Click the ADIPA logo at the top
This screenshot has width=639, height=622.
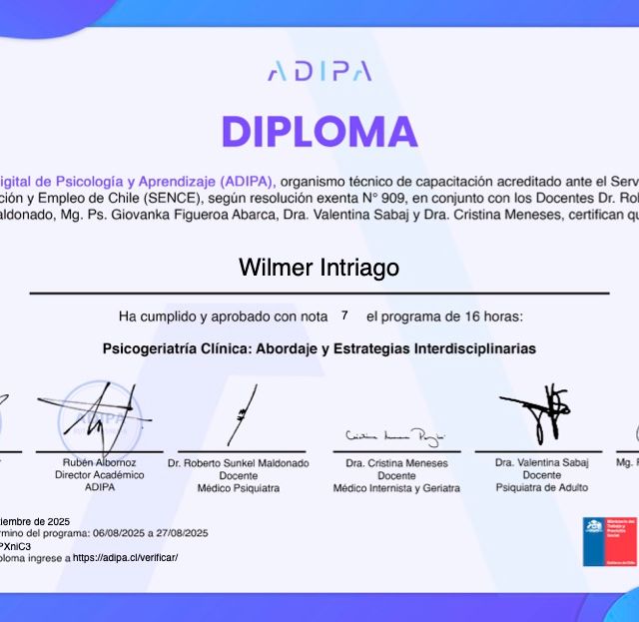pos(319,71)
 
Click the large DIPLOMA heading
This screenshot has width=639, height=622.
pos(319,132)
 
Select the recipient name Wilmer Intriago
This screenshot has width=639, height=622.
pos(319,268)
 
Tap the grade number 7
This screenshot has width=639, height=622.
pos(344,315)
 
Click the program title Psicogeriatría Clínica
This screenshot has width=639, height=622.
pos(319,349)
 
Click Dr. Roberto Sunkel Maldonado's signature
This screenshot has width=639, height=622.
pos(240,415)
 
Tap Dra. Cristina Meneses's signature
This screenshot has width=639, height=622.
pos(395,437)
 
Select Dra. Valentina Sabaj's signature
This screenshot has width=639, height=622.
pos(540,413)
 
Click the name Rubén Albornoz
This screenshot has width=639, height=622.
pos(99,463)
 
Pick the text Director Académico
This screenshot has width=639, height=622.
pos(99,475)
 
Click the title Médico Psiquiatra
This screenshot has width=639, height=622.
pos(238,488)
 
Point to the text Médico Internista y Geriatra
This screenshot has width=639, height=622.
pos(396,488)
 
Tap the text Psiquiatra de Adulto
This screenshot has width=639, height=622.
pos(541,488)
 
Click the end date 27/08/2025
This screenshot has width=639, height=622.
pos(182,533)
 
